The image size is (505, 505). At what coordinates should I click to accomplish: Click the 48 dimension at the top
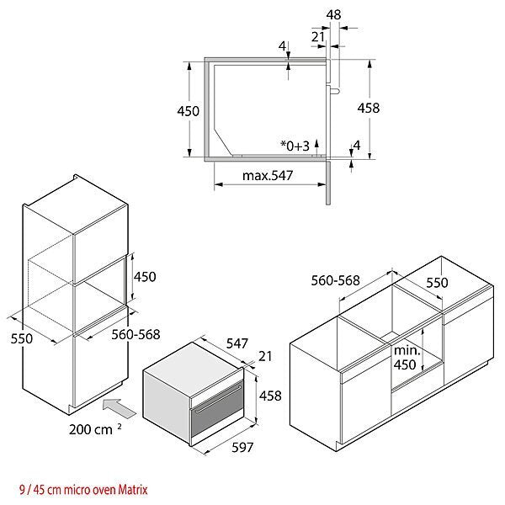[x=333, y=15]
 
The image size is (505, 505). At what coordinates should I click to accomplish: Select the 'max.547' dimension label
[x=268, y=176]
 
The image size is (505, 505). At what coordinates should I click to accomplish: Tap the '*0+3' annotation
[x=295, y=146]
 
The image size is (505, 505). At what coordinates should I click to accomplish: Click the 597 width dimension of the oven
[x=242, y=447]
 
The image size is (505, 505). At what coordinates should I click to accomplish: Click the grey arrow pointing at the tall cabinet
[x=120, y=408]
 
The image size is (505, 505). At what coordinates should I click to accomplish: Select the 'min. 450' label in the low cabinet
[x=407, y=358]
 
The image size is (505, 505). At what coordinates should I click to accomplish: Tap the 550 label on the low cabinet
[x=437, y=283]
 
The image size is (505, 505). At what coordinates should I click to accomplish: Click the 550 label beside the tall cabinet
[x=22, y=338]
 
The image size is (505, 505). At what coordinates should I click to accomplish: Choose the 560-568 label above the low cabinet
[x=335, y=280]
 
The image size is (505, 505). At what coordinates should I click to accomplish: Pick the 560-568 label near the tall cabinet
[x=136, y=335]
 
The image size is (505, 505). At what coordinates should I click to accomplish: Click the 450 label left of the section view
[x=188, y=111]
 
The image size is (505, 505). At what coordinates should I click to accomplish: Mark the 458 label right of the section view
[x=369, y=108]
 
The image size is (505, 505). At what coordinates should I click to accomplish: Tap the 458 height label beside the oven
[x=270, y=396]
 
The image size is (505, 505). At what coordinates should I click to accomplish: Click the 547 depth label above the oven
[x=237, y=343]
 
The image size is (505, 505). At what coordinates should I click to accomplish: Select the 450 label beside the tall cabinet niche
[x=145, y=277]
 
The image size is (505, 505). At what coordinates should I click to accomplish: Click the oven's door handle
[x=218, y=399]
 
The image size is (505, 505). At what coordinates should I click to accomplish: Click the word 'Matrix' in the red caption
[x=133, y=490]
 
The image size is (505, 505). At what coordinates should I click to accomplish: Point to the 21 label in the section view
[x=318, y=37]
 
